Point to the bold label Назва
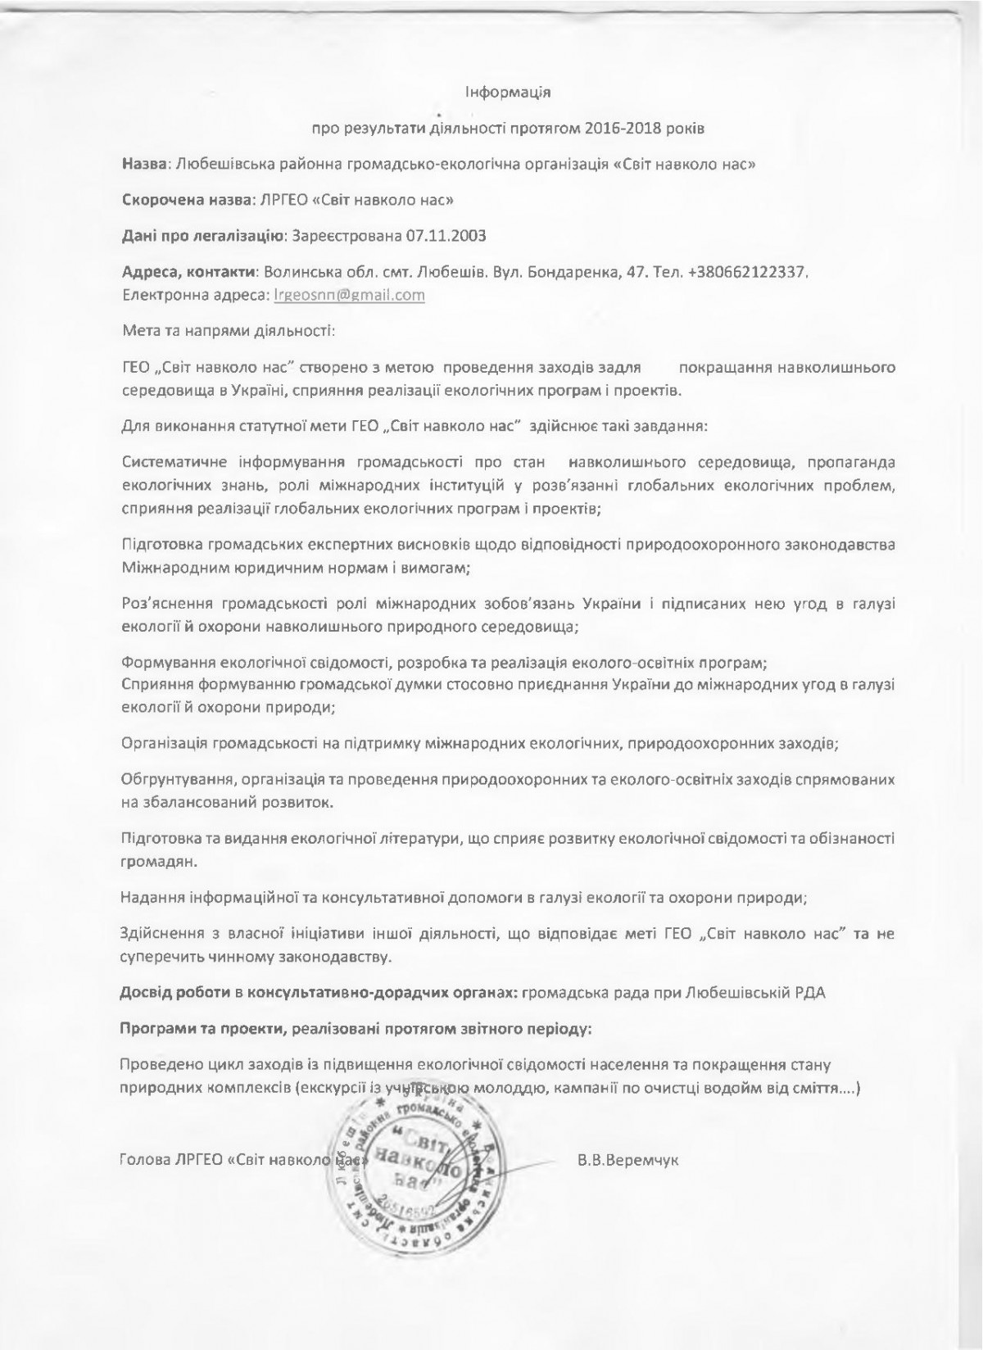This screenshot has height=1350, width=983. click(143, 163)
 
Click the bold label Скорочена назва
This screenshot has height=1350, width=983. click(186, 199)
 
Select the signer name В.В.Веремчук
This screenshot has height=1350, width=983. click(628, 1161)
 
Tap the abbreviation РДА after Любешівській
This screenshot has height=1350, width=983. click(811, 993)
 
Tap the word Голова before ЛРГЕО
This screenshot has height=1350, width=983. click(141, 1161)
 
